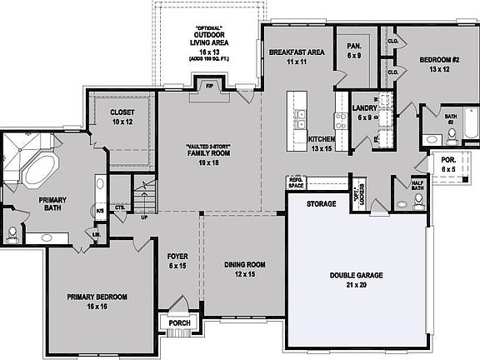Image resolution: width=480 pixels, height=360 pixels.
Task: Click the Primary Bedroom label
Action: (97, 302)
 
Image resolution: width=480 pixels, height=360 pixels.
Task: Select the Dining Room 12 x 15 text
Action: (245, 269)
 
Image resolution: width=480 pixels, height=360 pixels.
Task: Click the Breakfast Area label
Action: (296, 57)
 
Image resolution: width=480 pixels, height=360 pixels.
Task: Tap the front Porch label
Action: (180, 323)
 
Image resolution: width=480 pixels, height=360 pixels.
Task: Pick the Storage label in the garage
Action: (321, 203)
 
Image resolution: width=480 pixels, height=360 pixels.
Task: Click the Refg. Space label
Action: (297, 182)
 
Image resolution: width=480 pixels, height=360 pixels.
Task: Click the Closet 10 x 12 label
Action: (122, 117)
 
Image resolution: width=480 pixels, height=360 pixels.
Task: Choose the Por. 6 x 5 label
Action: (448, 164)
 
